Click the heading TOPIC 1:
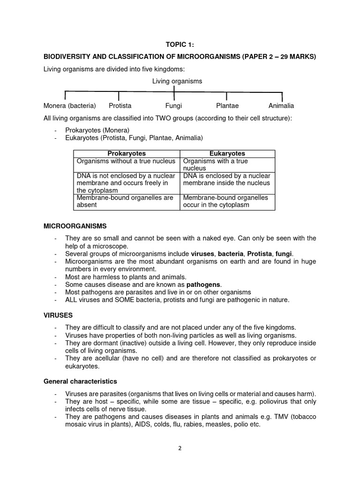click(180, 45)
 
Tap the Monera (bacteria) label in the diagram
click(69, 106)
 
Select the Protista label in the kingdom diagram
click(120, 106)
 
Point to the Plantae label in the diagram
click(228, 106)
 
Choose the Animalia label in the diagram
click(281, 106)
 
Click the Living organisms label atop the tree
click(177, 81)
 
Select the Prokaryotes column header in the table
click(127, 154)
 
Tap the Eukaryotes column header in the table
click(227, 154)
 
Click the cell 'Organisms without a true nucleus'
click(126, 161)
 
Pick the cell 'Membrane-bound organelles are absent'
click(126, 201)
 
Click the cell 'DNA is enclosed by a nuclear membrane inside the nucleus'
click(227, 179)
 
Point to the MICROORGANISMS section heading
click(75, 226)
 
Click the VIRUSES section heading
click(58, 315)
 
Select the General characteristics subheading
click(80, 381)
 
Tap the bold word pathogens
click(203, 285)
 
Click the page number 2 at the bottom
click(180, 448)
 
